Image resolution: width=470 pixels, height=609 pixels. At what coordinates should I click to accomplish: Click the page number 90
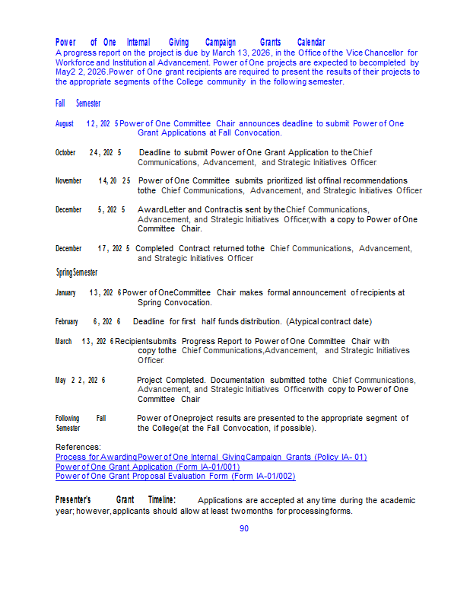point(244,528)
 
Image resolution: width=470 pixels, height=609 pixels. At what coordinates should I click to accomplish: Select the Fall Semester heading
point(78,103)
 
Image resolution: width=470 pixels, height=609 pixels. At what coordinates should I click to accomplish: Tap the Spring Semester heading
point(76,273)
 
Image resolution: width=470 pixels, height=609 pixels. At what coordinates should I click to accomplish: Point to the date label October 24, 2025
point(88,152)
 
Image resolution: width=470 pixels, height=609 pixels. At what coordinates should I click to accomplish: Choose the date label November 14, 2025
point(93,180)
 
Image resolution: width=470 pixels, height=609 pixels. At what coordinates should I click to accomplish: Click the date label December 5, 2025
point(90,209)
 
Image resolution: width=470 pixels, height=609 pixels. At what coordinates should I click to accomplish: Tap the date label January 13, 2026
point(88,292)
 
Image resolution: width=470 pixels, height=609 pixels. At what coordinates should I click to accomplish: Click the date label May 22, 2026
point(80,380)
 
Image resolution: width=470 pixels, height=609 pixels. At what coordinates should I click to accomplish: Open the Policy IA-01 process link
point(211,457)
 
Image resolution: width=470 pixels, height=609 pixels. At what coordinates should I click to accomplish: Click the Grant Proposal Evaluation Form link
point(175,476)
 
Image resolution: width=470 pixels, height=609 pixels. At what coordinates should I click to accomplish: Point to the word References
point(78,447)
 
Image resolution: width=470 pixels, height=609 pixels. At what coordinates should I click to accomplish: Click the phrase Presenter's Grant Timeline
point(116,499)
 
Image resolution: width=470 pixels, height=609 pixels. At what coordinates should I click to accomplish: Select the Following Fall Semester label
point(80,423)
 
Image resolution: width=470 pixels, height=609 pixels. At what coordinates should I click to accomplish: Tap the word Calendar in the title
point(311,42)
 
